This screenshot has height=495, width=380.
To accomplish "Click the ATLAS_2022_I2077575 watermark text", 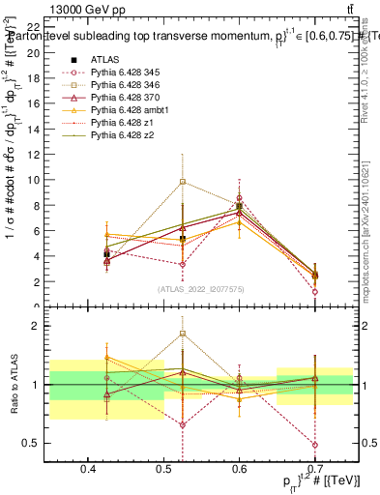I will click(x=201, y=289).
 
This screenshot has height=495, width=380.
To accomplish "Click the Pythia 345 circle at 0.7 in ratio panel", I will click(x=315, y=445).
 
